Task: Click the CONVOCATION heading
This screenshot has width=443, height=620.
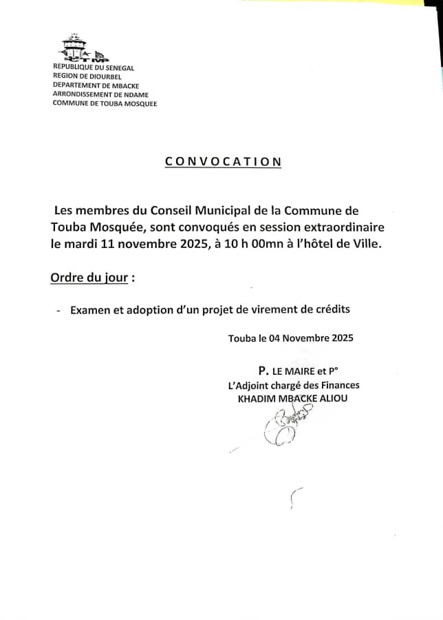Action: tap(223, 162)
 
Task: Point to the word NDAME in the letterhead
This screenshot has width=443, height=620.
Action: tap(135, 94)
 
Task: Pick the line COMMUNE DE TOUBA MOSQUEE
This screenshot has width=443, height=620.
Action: tap(105, 103)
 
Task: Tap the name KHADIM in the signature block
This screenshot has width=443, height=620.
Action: tap(257, 398)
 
